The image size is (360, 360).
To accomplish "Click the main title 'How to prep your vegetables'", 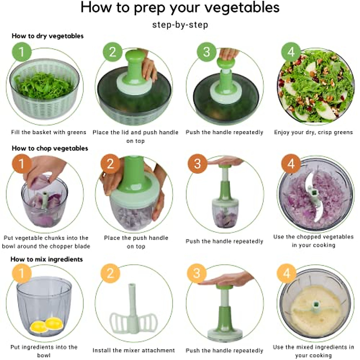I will [x=180, y=8].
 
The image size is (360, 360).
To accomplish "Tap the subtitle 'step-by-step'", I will [x=180, y=25].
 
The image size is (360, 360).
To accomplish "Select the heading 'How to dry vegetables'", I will [x=47, y=36].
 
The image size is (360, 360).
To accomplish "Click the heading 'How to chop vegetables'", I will [x=50, y=148].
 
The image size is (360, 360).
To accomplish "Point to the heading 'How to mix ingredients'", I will [x=46, y=259].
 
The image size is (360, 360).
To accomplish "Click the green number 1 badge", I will [x=22, y=52].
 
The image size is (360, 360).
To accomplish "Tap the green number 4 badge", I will [x=291, y=52].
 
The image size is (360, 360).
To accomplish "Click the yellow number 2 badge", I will [x=110, y=273].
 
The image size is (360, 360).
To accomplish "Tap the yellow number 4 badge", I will [x=286, y=273].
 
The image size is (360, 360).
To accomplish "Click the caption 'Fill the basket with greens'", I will [x=49, y=132].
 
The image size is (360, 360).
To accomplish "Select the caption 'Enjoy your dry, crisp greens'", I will [x=313, y=132].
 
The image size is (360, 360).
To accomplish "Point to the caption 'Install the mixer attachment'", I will [x=133, y=350].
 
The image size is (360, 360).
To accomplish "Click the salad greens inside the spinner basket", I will [x=44, y=85].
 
